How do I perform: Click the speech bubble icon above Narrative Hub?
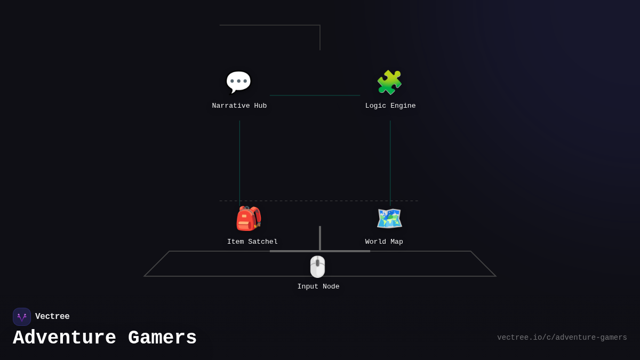238,82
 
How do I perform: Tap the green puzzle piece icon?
389,82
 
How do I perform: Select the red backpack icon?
249,219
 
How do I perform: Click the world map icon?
389,219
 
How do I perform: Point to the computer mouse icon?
317,267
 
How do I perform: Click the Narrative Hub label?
239,106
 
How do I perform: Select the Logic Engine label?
390,106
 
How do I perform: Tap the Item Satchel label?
252,242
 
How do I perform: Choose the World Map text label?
384,242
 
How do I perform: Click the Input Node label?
318,286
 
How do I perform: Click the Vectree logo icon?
22,317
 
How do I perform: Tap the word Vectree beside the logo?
52,316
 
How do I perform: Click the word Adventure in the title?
65,338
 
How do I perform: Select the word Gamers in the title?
162,338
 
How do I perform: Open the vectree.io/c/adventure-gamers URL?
562,338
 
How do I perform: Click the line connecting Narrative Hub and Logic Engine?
315,95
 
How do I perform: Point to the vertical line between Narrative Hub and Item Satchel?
239,160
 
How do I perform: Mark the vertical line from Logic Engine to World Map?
390,160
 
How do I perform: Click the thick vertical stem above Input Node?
320,238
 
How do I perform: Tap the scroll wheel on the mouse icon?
317,262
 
